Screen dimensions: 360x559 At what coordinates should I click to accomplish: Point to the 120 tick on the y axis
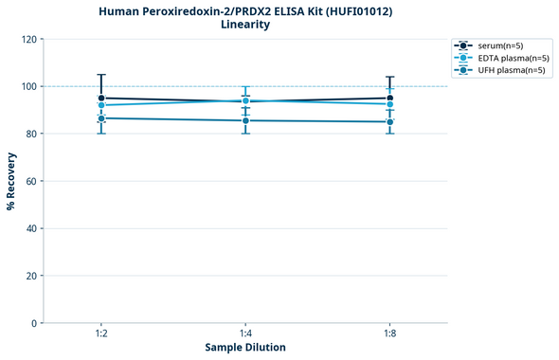(x=31, y=40)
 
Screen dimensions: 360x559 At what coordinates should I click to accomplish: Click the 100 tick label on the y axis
(x=31, y=87)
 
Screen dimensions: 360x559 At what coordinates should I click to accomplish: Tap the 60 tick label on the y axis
(x=33, y=181)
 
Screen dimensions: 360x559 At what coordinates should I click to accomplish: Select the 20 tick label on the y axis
(x=33, y=276)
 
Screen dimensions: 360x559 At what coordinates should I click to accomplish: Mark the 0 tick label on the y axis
(x=36, y=323)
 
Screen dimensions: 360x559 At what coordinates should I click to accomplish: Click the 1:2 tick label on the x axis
(x=100, y=334)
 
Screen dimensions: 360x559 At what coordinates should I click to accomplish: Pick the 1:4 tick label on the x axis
(x=245, y=334)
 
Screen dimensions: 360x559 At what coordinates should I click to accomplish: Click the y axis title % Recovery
(x=11, y=181)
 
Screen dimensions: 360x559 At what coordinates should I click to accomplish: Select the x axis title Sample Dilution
(x=245, y=348)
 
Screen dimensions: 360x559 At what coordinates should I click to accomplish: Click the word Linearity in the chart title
(x=244, y=25)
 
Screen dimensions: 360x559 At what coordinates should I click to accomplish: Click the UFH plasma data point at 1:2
(x=100, y=118)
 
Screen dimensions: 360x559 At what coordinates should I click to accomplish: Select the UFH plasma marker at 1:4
(x=245, y=120)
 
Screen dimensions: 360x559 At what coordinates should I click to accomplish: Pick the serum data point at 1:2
(x=100, y=98)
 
